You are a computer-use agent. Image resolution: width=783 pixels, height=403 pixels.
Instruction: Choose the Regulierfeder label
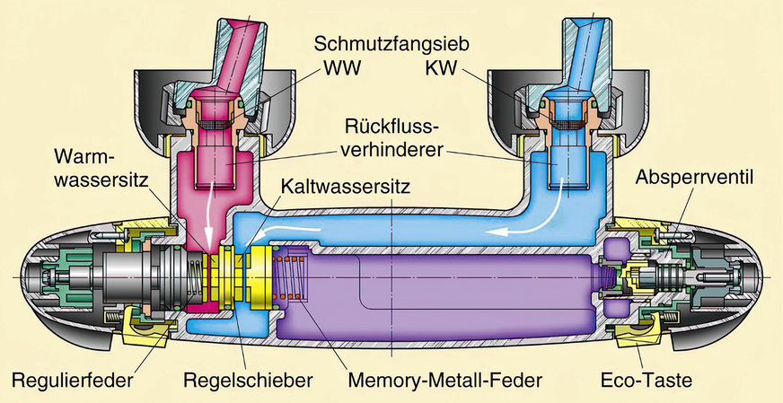coord(75,380)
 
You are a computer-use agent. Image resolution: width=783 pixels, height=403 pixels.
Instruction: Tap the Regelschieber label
coord(247,380)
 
